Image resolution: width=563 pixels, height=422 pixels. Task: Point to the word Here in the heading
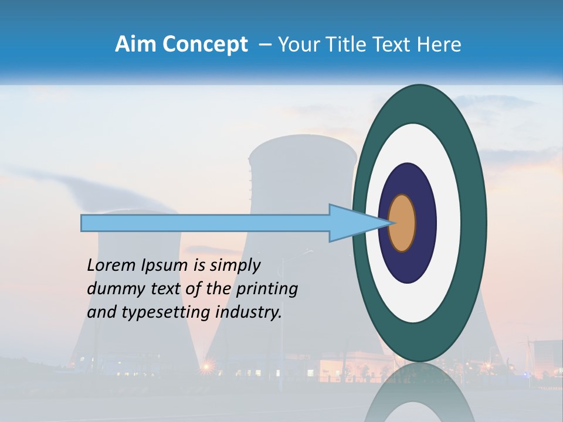(x=438, y=45)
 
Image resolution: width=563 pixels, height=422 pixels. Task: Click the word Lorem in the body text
(x=111, y=265)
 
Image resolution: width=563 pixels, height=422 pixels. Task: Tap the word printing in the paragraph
(x=266, y=290)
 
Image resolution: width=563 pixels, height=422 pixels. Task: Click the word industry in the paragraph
(x=249, y=312)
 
